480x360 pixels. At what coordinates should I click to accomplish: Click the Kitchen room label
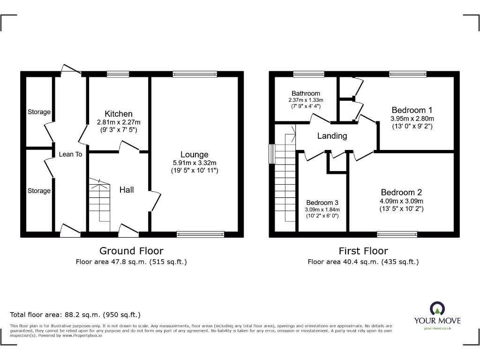pos(118,114)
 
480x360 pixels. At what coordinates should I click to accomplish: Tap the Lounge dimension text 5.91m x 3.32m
pos(195,163)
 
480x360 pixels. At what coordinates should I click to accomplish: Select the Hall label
pos(127,189)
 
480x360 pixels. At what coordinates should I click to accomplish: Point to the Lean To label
pos(70,154)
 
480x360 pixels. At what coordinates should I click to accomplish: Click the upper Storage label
pos(39,112)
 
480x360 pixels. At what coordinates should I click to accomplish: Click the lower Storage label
pos(39,191)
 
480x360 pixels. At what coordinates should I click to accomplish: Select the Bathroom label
pos(306,93)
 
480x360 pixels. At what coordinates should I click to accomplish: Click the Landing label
pos(332,136)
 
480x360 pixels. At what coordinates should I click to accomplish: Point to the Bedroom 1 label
pos(412,110)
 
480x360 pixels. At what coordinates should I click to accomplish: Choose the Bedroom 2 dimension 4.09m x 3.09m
pos(401,201)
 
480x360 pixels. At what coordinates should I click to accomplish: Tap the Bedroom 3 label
pos(322,203)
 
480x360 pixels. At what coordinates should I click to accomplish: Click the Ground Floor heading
pos(131,251)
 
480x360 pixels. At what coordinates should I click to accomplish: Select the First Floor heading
pos(363,251)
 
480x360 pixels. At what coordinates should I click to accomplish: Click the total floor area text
pos(75,315)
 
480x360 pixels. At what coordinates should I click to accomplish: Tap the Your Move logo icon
pos(437,308)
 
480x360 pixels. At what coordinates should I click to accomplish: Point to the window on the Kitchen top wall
pos(118,74)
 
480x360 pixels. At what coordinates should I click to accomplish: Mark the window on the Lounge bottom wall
pos(201,234)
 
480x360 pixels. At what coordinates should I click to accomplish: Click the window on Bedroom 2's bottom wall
pos(397,234)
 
